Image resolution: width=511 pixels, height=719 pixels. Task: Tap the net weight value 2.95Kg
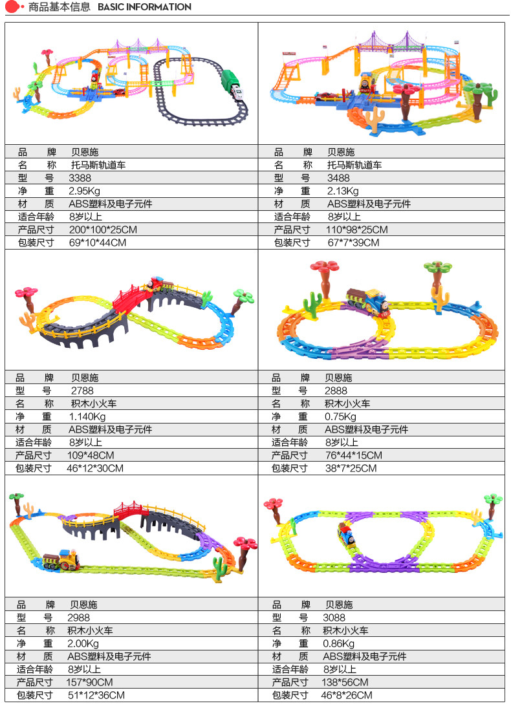tap(85, 191)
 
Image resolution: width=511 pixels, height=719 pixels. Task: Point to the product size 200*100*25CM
tap(103, 230)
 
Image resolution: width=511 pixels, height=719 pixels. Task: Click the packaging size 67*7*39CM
tap(353, 242)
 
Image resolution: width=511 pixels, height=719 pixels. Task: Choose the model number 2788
tap(82, 391)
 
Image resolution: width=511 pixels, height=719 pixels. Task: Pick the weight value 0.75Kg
tap(340, 416)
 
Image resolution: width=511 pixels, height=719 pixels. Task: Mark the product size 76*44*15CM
tap(353, 455)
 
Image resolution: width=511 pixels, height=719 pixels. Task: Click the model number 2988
tap(79, 617)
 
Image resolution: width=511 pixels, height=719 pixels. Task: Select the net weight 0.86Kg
tap(339, 643)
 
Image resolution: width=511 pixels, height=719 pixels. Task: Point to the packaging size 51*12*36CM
tap(96, 695)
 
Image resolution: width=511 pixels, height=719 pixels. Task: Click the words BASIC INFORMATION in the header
tap(144, 7)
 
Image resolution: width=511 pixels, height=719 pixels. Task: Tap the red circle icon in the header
tap(10, 7)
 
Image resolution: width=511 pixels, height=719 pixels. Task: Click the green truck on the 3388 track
tap(230, 85)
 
